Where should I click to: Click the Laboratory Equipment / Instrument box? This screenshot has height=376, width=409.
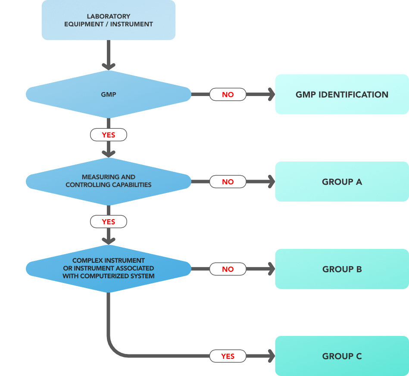tap(108, 20)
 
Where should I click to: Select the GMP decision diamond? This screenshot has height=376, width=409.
tap(108, 94)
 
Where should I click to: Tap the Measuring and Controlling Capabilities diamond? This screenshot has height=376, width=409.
tap(108, 181)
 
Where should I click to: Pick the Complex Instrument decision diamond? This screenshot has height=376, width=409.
tap(108, 268)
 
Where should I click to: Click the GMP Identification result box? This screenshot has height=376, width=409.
tap(342, 94)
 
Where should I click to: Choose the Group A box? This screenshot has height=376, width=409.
tap(342, 182)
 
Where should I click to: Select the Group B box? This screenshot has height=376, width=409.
tap(342, 269)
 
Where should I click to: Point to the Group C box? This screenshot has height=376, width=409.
tap(342, 356)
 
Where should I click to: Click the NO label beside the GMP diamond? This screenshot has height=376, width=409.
tap(228, 94)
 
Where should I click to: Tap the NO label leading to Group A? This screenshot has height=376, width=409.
tap(228, 182)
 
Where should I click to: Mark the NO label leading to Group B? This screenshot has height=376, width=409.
tap(228, 269)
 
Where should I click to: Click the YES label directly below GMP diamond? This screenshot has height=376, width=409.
tap(108, 135)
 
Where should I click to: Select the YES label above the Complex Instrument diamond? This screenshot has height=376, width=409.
tap(108, 222)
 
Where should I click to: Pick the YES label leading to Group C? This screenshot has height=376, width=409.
tap(228, 356)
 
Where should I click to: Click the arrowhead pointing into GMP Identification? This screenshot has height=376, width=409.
tap(271, 94)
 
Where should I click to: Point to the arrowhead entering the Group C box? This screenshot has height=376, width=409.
tap(271, 356)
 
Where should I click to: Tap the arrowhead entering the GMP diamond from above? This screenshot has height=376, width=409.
tap(108, 66)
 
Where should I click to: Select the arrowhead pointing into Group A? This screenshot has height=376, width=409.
tap(271, 182)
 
